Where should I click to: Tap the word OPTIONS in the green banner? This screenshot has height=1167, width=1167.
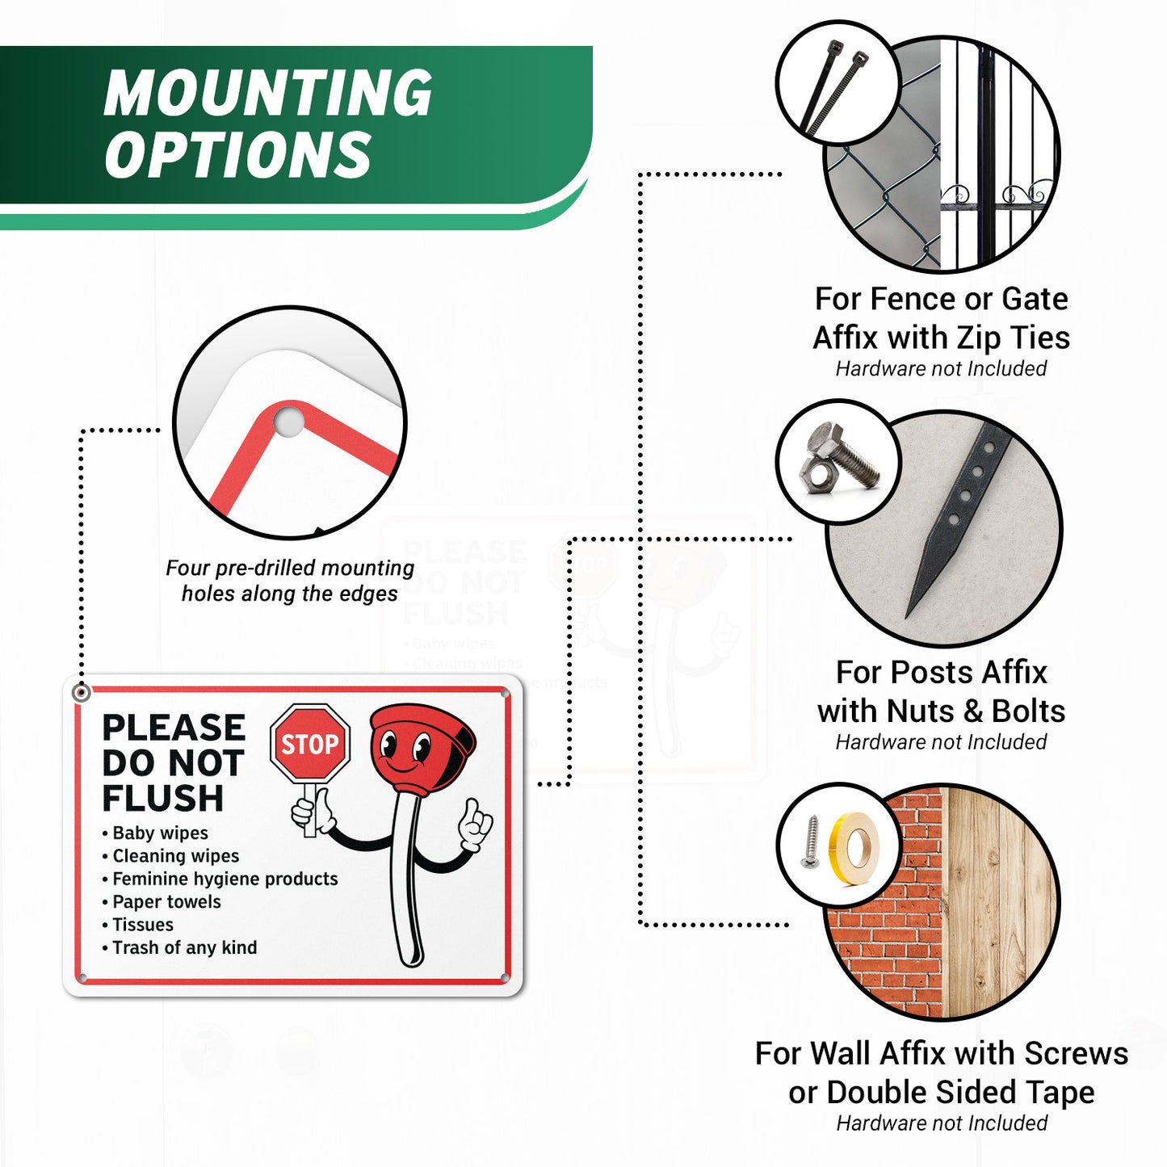pyautogui.click(x=237, y=153)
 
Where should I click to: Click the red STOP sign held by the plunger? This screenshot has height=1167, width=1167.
pyautogui.click(x=310, y=743)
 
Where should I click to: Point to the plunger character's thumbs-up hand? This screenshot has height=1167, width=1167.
pyautogui.click(x=475, y=826)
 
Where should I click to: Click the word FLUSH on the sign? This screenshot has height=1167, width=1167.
pyautogui.click(x=163, y=798)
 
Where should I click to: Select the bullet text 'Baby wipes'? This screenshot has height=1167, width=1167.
pyautogui.click(x=160, y=833)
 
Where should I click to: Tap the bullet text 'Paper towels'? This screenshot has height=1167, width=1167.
pyautogui.click(x=166, y=902)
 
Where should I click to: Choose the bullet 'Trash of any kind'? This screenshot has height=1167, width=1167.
pyautogui.click(x=185, y=948)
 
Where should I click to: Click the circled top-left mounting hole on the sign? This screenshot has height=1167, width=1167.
pyautogui.click(x=81, y=693)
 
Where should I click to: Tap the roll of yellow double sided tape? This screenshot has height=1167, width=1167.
pyautogui.click(x=854, y=849)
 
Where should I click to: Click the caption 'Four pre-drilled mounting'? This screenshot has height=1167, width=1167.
pyautogui.click(x=290, y=568)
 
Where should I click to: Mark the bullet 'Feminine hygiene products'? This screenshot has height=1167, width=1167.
pyautogui.click(x=225, y=879)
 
